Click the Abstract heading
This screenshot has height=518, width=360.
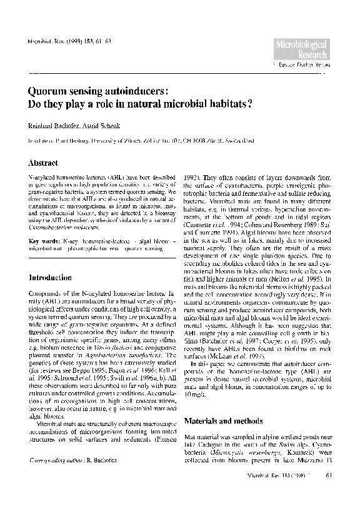pos(44,163)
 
